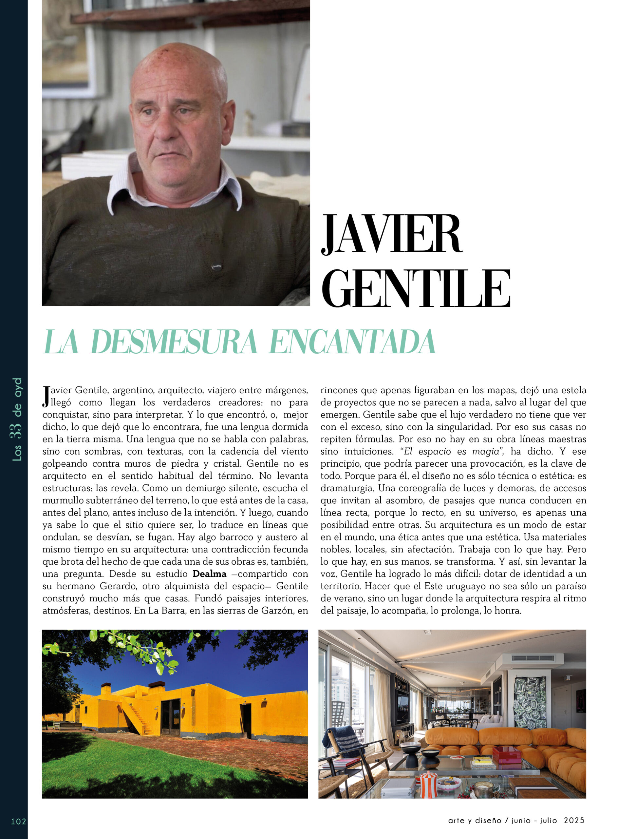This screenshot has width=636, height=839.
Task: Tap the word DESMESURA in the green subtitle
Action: pyautogui.click(x=174, y=342)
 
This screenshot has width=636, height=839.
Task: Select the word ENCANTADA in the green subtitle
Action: pyautogui.click(x=352, y=342)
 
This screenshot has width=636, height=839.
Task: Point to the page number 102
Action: pyautogui.click(x=19, y=822)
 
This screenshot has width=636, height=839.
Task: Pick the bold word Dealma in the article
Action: pyautogui.click(x=209, y=574)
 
